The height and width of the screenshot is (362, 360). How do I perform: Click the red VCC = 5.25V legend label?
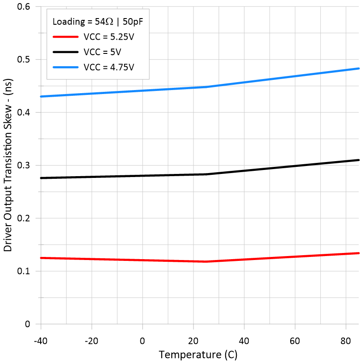[108, 37]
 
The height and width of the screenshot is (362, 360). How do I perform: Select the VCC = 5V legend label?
[102, 52]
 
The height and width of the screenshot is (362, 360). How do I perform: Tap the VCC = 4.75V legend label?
[108, 67]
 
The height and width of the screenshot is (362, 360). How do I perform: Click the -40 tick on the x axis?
[41, 341]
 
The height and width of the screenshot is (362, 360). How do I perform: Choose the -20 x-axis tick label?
[91, 341]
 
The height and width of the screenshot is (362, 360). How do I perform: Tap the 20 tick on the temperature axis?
[193, 341]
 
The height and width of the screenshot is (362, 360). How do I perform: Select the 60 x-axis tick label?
[295, 341]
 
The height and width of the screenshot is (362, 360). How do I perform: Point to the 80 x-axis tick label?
[345, 341]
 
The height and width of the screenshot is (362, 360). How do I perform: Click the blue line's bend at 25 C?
[206, 87]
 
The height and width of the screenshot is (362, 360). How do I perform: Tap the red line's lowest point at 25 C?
[206, 262]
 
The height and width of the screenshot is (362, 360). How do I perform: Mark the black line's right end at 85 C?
[358, 160]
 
